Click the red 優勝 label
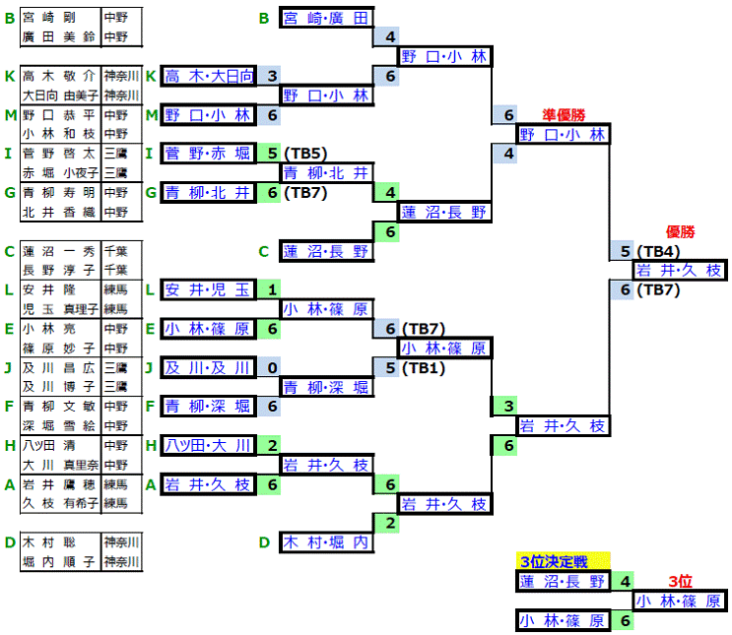pos(681,232)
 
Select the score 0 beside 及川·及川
pos(270,367)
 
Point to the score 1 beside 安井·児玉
pos(270,289)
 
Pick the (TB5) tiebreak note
pos(304,154)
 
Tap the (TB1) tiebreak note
pos(424,367)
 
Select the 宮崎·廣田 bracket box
pos(326,18)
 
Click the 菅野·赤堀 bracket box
pos(208,154)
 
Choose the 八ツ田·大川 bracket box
pos(208,445)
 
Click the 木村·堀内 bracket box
pos(326,541)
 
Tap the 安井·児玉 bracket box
pos(208,289)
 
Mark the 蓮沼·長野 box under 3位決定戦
pos(564,581)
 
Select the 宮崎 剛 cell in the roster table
pos(58,17)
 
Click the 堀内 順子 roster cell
pos(58,562)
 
